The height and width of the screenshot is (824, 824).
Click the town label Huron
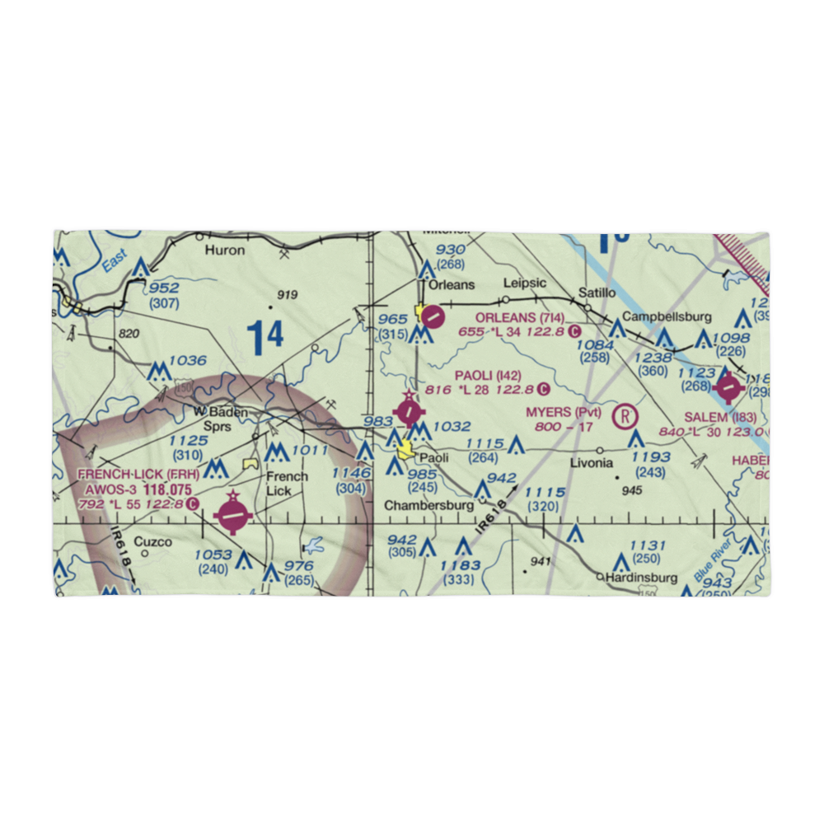pos(225,250)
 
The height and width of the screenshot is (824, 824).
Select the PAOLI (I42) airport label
pos(488,376)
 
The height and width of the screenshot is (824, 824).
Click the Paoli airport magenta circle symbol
pos(409,410)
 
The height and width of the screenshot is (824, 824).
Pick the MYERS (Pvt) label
pos(564,413)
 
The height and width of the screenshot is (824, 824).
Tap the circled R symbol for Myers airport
pos(628,414)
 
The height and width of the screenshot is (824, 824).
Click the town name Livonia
pos(592,463)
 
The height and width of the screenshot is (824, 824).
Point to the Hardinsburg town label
pos(641,578)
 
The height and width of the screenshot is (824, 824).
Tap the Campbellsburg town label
pos(667,316)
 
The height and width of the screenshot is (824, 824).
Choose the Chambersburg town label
pos(428,504)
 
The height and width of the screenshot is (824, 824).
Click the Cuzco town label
pos(153,542)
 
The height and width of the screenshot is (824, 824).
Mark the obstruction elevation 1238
pos(654,358)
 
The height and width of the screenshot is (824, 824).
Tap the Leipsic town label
pos(525,283)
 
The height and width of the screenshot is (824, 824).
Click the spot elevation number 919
pos(287,295)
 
